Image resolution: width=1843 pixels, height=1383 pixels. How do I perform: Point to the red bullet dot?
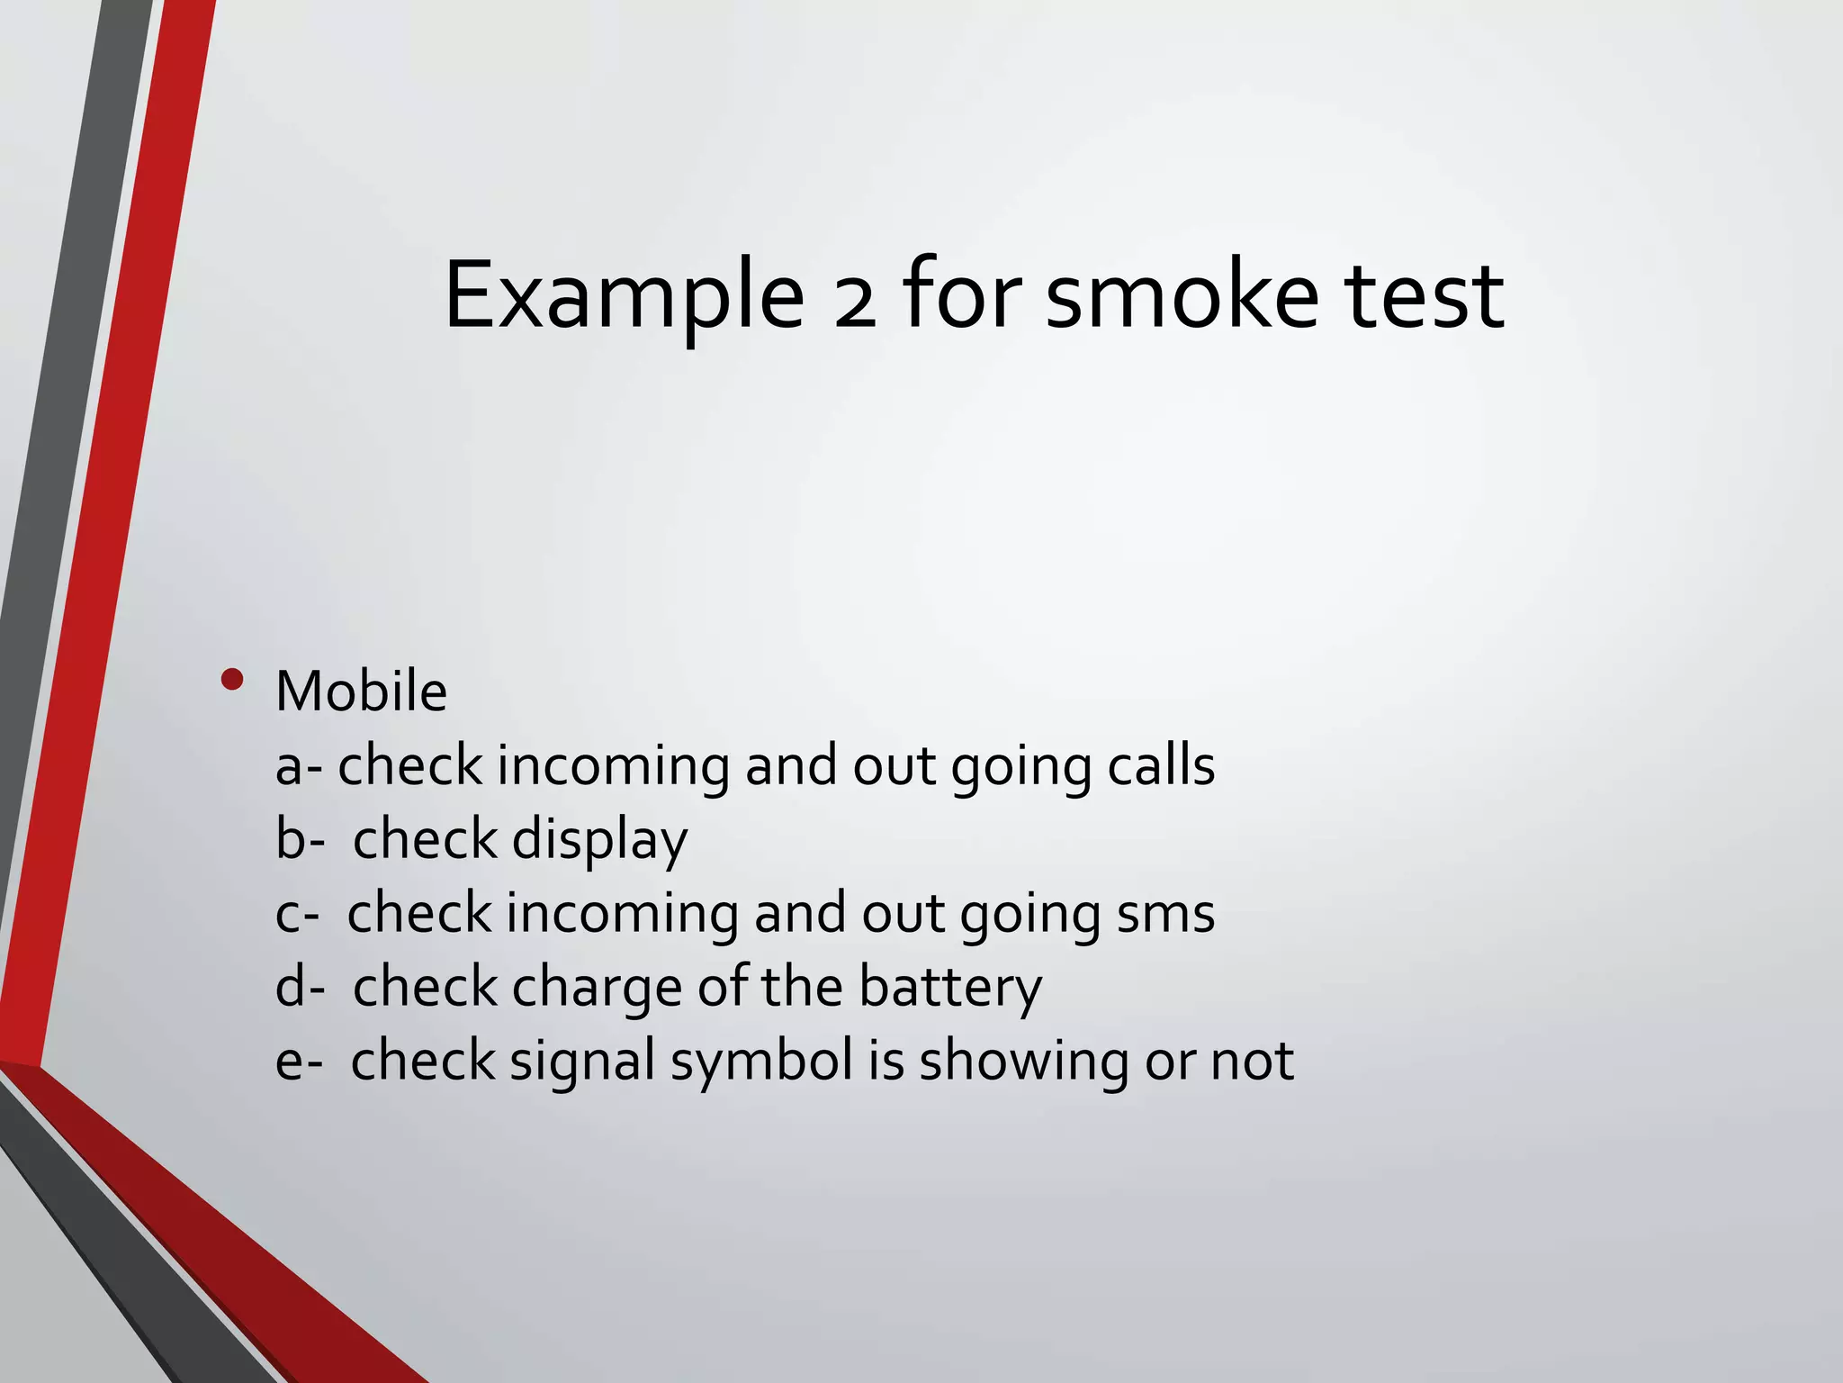(x=232, y=680)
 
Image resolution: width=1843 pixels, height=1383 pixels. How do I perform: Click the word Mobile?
(x=361, y=691)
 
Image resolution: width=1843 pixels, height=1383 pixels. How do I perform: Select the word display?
(x=599, y=841)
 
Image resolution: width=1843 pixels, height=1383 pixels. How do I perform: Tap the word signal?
(x=582, y=1062)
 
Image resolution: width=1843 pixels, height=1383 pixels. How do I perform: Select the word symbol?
(x=761, y=1062)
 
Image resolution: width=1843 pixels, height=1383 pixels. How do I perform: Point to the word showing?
(x=1023, y=1062)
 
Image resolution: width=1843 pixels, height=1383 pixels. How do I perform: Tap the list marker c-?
(x=297, y=915)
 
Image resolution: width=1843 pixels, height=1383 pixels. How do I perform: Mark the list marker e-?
(x=299, y=1062)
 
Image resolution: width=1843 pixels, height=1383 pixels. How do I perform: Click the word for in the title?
(x=961, y=295)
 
